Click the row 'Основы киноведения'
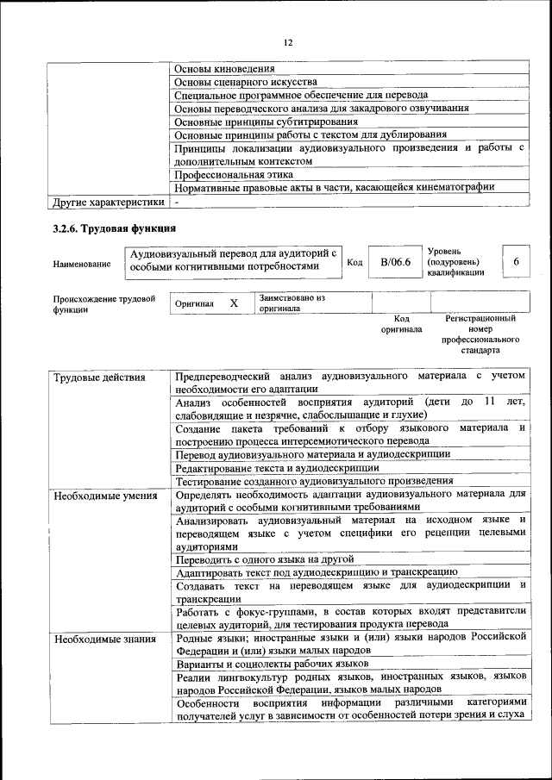(225, 69)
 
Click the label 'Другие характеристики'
(107, 202)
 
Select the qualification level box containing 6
(516, 261)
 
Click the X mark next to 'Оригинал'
(234, 303)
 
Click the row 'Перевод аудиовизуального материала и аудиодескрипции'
(312, 453)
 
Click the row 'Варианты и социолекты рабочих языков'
(273, 664)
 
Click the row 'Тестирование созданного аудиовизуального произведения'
(314, 481)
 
